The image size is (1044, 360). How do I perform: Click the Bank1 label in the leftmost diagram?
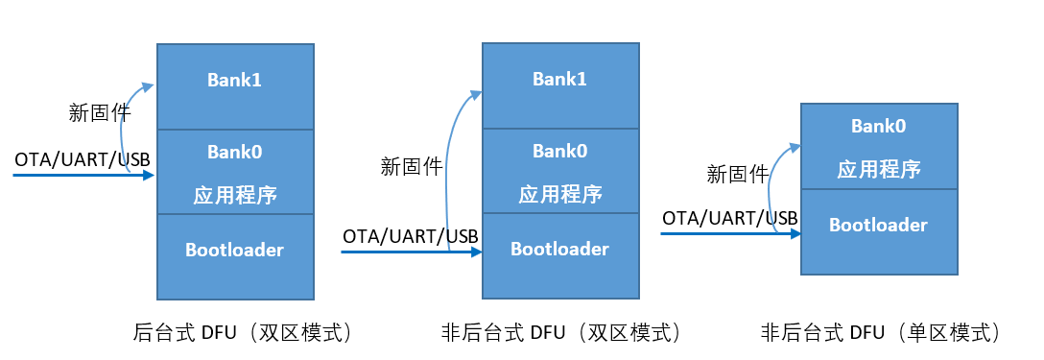tap(234, 80)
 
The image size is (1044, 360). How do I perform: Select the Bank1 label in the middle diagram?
tap(559, 80)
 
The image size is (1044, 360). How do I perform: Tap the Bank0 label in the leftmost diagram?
tap(234, 152)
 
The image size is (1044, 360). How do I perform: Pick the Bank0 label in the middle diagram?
tap(559, 152)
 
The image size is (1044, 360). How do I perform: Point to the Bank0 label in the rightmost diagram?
tap(879, 126)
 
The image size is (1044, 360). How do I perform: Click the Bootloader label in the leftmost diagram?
tap(234, 250)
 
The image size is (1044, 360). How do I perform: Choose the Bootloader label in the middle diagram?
tap(559, 250)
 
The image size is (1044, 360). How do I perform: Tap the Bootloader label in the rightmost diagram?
tap(879, 226)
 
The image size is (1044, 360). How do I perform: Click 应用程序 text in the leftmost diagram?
tap(234, 195)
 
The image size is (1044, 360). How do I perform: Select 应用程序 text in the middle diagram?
tap(559, 194)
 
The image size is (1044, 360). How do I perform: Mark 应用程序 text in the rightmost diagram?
tap(879, 170)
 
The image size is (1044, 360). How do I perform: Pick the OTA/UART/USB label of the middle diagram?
tap(411, 235)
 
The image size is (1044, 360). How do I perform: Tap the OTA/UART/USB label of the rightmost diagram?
tap(730, 218)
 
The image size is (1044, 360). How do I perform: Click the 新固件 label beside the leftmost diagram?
tap(100, 112)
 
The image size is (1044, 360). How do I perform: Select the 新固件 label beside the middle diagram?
tap(412, 167)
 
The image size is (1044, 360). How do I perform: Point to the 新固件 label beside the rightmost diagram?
tap(738, 175)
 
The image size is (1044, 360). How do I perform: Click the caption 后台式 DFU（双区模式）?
tap(245, 333)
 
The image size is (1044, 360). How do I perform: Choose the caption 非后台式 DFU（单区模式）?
tap(882, 333)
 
